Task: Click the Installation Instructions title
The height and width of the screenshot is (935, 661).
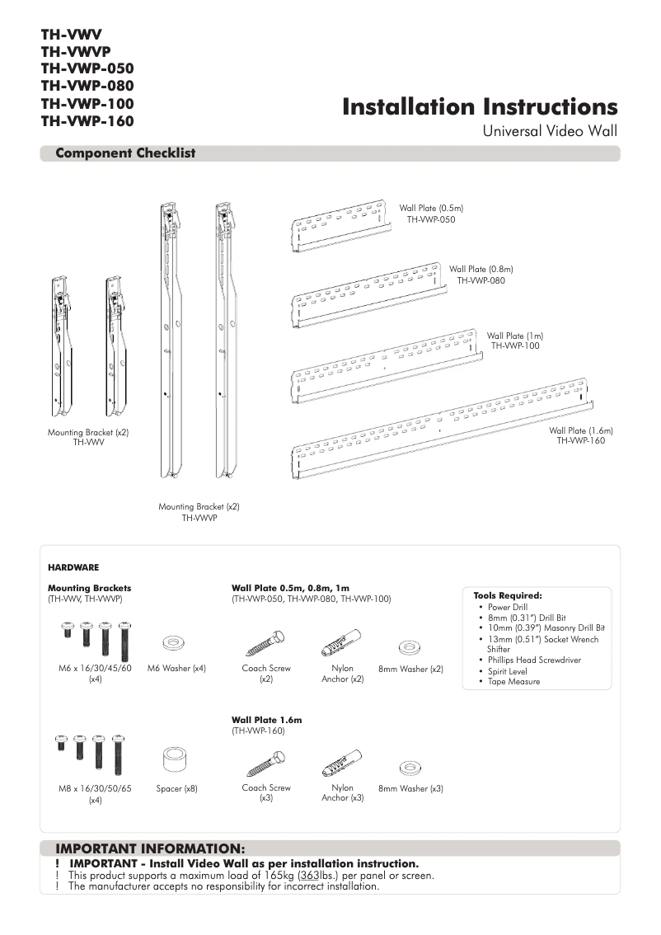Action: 480,107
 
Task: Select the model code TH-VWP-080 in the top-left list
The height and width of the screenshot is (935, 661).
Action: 87,86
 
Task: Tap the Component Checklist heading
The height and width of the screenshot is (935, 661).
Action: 125,153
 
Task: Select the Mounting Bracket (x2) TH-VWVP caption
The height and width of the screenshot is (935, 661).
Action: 199,512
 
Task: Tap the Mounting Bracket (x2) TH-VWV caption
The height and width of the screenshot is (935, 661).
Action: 88,437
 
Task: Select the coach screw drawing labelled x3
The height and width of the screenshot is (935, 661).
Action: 265,763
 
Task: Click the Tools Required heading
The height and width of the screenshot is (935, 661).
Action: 508,595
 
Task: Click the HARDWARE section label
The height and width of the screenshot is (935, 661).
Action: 73,567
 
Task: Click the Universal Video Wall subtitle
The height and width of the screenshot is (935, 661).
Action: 549,131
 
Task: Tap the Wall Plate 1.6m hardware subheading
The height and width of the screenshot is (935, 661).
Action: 266,720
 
